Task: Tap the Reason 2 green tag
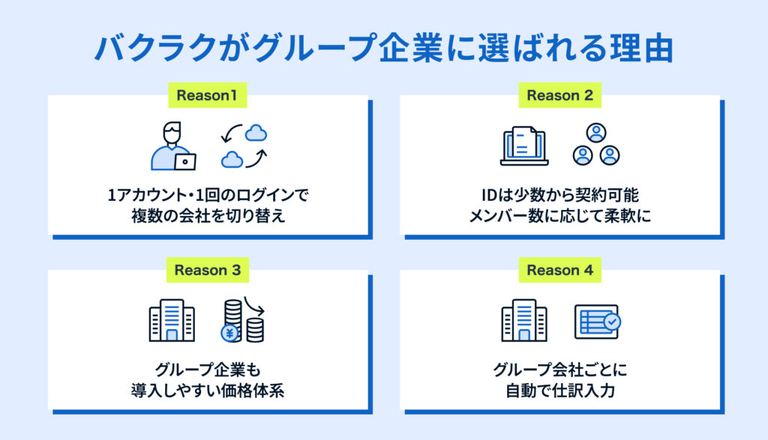pyautogui.click(x=559, y=95)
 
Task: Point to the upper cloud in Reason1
pyautogui.click(x=256, y=133)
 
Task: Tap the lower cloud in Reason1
pyautogui.click(x=232, y=159)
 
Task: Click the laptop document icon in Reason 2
pyautogui.click(x=523, y=145)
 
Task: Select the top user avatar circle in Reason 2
pyautogui.click(x=595, y=133)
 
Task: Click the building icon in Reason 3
pyautogui.click(x=172, y=322)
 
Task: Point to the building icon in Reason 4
pyautogui.click(x=523, y=322)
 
